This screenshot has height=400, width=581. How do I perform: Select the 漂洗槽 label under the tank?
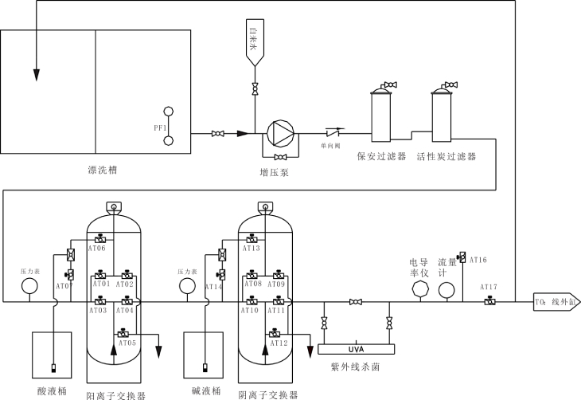(103, 170)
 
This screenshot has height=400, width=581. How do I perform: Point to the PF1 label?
(159, 127)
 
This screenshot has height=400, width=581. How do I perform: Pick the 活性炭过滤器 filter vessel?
(443, 116)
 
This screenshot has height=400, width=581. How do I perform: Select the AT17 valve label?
(488, 288)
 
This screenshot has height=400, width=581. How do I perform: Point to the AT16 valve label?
(478, 260)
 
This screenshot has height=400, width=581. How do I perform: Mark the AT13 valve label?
(252, 249)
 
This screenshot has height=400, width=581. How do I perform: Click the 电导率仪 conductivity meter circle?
(419, 289)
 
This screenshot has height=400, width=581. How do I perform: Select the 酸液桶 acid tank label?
(53, 390)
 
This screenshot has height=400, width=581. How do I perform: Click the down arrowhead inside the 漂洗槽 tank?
(36, 74)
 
